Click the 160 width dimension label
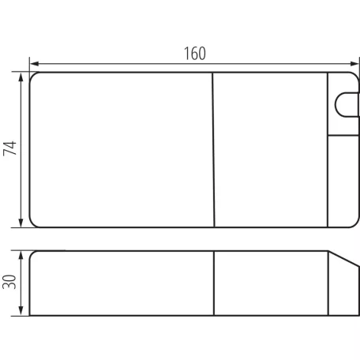coord(195,54)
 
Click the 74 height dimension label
coord(9,148)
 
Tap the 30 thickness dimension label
coord(9,282)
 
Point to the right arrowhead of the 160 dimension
coord(354,64)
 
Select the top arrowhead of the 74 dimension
coord(21,77)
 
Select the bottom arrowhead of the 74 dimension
coord(21,223)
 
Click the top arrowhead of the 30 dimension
coord(21,256)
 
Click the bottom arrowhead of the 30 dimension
coord(21,310)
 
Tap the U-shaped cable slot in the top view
coord(336,104)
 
